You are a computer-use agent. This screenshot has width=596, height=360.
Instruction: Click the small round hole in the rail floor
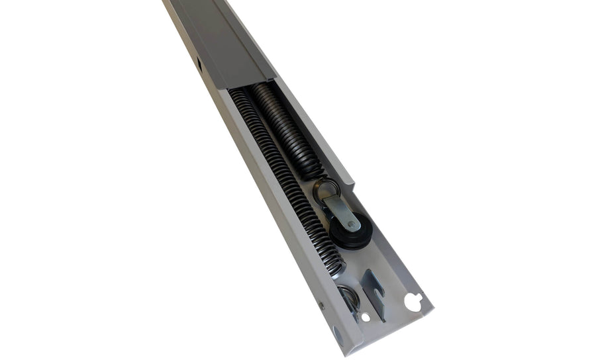point(366,317)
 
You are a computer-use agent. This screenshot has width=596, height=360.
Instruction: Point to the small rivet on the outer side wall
point(321,306)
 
